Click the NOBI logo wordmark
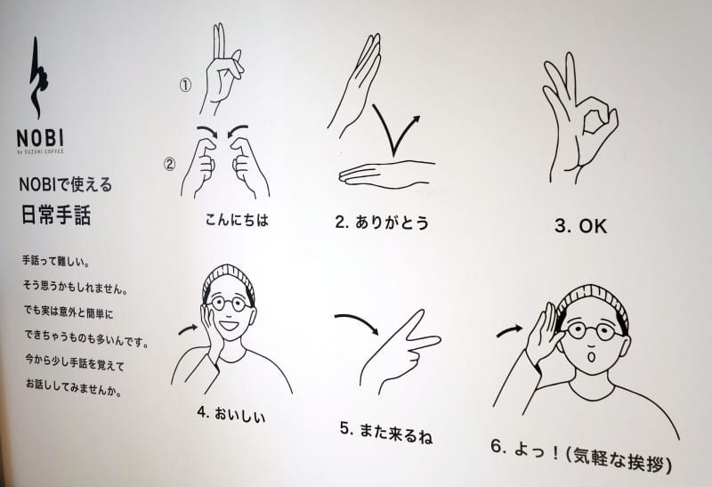click(x=40, y=138)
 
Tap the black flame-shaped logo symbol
click(x=38, y=79)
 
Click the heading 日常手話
click(x=56, y=215)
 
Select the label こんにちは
click(x=237, y=220)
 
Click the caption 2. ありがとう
click(x=382, y=223)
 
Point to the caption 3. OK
click(x=581, y=226)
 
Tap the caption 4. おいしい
click(x=231, y=414)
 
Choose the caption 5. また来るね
click(x=386, y=432)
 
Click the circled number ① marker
click(x=185, y=85)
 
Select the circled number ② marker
click(x=169, y=164)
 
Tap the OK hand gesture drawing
click(x=580, y=118)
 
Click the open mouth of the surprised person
click(x=591, y=357)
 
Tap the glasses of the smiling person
click(x=231, y=303)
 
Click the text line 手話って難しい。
click(x=56, y=261)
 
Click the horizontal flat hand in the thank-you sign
click(x=387, y=174)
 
